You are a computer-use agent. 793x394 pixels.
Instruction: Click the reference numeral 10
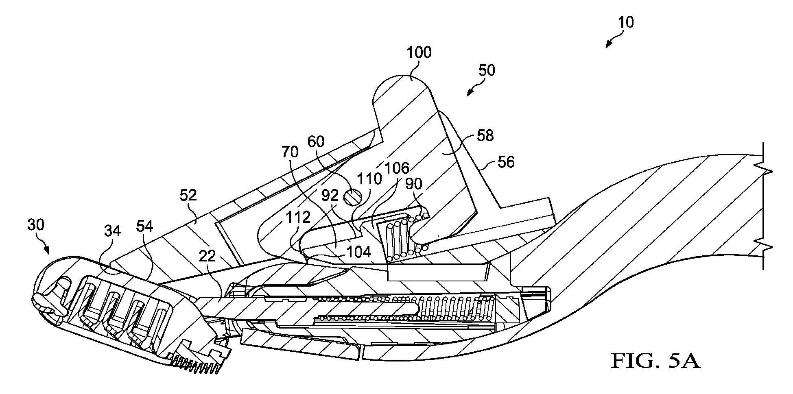626,22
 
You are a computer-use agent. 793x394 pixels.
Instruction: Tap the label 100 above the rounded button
419,53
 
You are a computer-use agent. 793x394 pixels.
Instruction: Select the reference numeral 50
486,71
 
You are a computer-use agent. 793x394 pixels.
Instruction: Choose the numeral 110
370,178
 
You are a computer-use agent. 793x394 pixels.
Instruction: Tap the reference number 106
398,168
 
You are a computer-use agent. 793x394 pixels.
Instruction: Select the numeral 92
330,196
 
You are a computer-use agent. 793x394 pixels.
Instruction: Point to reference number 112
299,218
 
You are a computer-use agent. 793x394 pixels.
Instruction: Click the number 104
358,252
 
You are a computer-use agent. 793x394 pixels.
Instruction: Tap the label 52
188,196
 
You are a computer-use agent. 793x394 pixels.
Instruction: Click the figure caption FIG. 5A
655,360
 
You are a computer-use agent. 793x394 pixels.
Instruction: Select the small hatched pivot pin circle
351,198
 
